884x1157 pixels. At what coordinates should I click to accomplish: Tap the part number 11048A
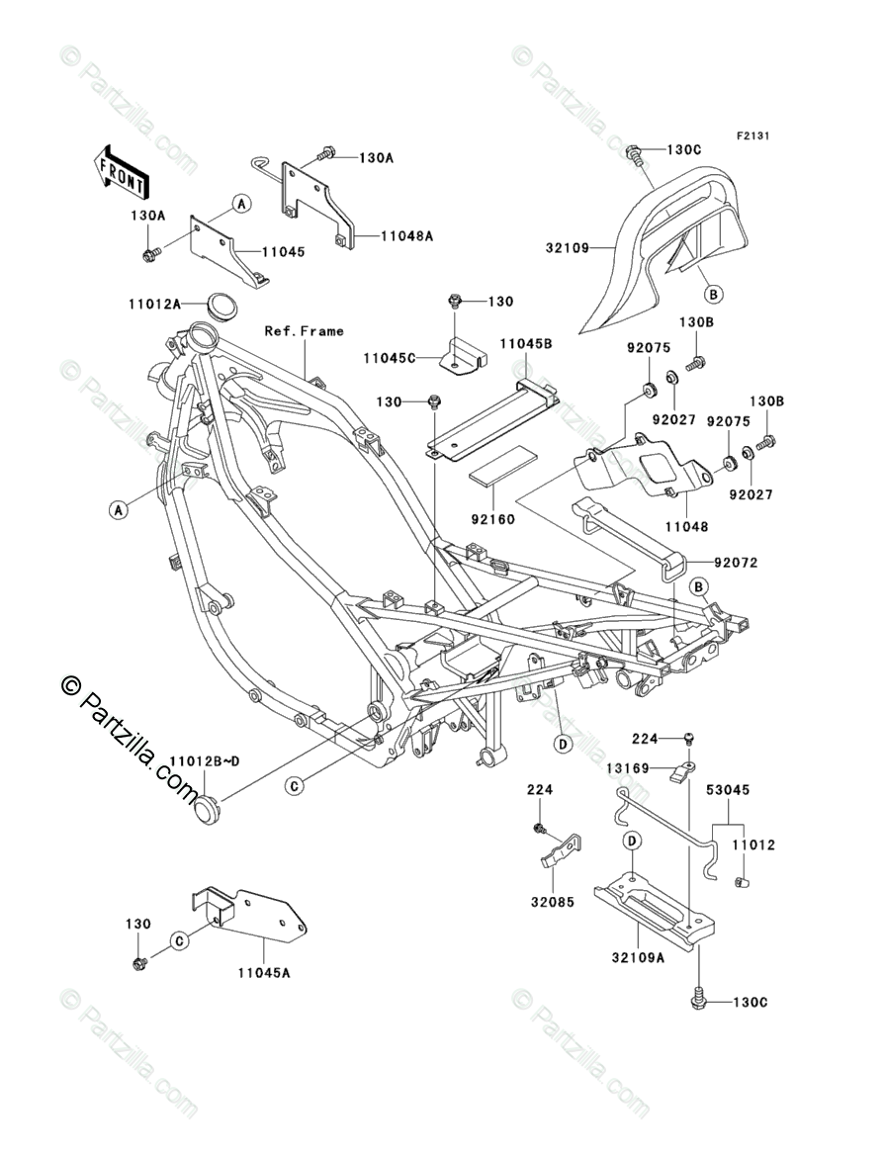click(406, 236)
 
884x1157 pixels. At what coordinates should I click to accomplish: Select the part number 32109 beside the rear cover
click(568, 248)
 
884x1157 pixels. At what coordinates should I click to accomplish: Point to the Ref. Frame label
click(304, 331)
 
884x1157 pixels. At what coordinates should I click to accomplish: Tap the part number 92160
click(492, 519)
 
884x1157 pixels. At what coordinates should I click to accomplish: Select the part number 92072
click(736, 563)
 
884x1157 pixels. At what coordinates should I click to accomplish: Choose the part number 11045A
click(264, 972)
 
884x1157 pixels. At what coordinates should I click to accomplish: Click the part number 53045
click(727, 789)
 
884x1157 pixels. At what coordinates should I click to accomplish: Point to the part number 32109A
click(638, 957)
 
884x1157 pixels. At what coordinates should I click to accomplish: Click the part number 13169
click(627, 768)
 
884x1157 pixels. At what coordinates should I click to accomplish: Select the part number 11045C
click(389, 358)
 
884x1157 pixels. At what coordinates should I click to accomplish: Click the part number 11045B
click(526, 343)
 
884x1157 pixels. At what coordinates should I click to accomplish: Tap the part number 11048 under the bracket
click(686, 526)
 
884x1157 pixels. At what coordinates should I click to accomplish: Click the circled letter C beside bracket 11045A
click(179, 940)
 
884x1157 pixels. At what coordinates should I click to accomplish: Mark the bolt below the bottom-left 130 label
click(138, 964)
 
